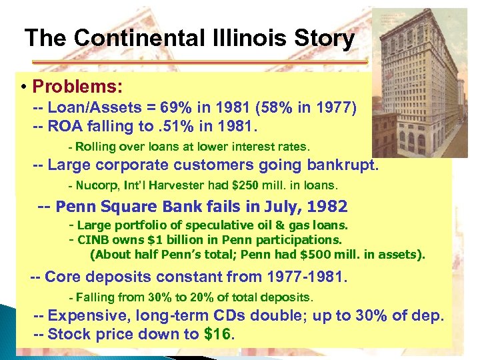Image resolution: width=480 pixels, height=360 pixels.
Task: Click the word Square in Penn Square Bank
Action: [127, 207]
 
